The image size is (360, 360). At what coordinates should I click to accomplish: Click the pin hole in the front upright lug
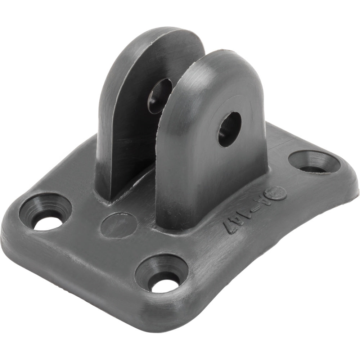[229, 129]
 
